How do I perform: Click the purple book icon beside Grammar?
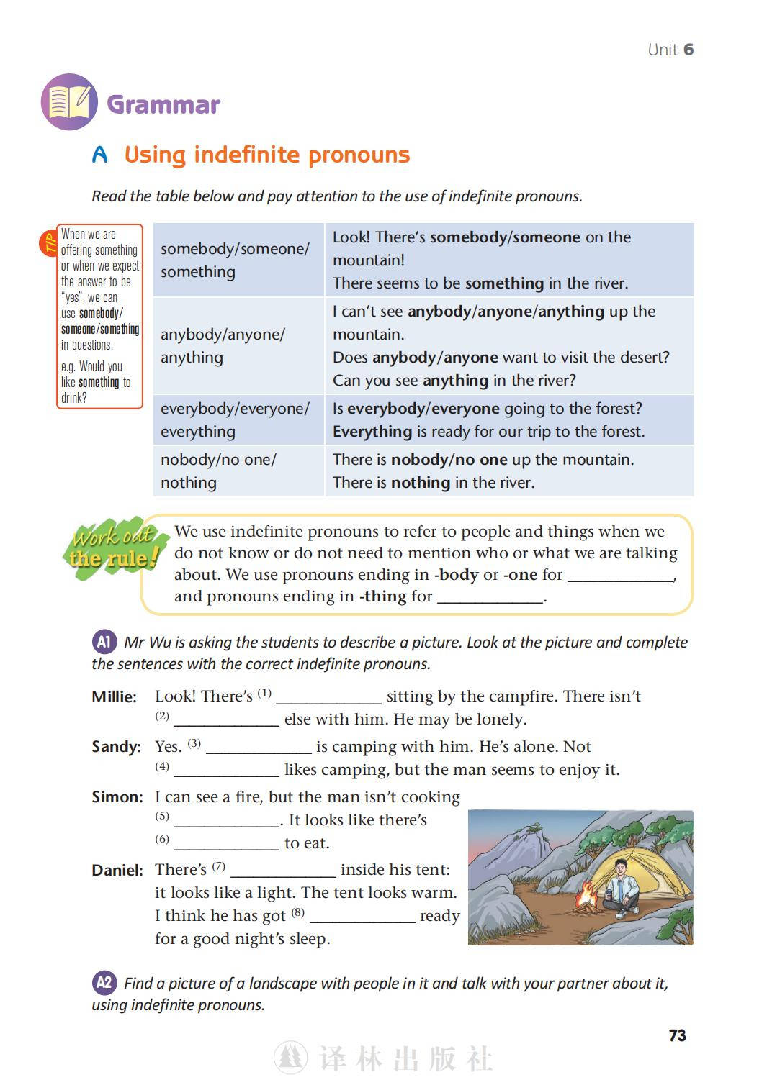pos(69,102)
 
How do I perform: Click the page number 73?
pos(677,1035)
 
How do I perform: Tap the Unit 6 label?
pos(670,50)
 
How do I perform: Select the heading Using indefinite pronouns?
pos(266,155)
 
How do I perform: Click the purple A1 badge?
pos(104,641)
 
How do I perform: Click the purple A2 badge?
pos(104,982)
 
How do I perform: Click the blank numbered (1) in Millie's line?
pos(328,697)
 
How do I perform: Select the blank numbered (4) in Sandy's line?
pos(226,771)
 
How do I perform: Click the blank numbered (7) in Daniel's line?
pos(283,871)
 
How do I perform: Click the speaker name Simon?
pos(117,797)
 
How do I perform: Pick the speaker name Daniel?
pos(117,871)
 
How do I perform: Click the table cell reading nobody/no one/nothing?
pos(238,471)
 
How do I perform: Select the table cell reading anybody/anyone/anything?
pos(238,346)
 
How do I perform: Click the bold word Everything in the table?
pos(372,432)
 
